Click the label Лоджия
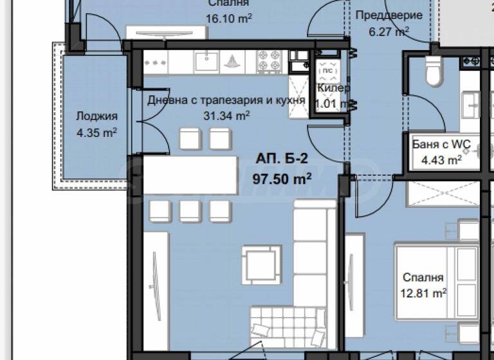coord(96,116)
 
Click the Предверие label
coord(389,15)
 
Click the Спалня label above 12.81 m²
coord(423,278)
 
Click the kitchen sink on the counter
coord(206,62)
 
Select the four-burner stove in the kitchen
coord(270,62)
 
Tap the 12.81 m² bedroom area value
coord(423,294)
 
